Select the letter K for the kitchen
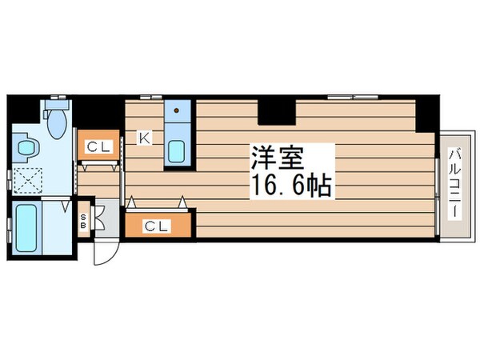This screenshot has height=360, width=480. click(x=145, y=138)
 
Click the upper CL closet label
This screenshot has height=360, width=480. click(x=99, y=146)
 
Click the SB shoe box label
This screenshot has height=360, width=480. click(x=82, y=219)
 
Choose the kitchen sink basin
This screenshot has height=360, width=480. click(x=177, y=150)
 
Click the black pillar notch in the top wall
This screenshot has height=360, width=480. click(x=276, y=109)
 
